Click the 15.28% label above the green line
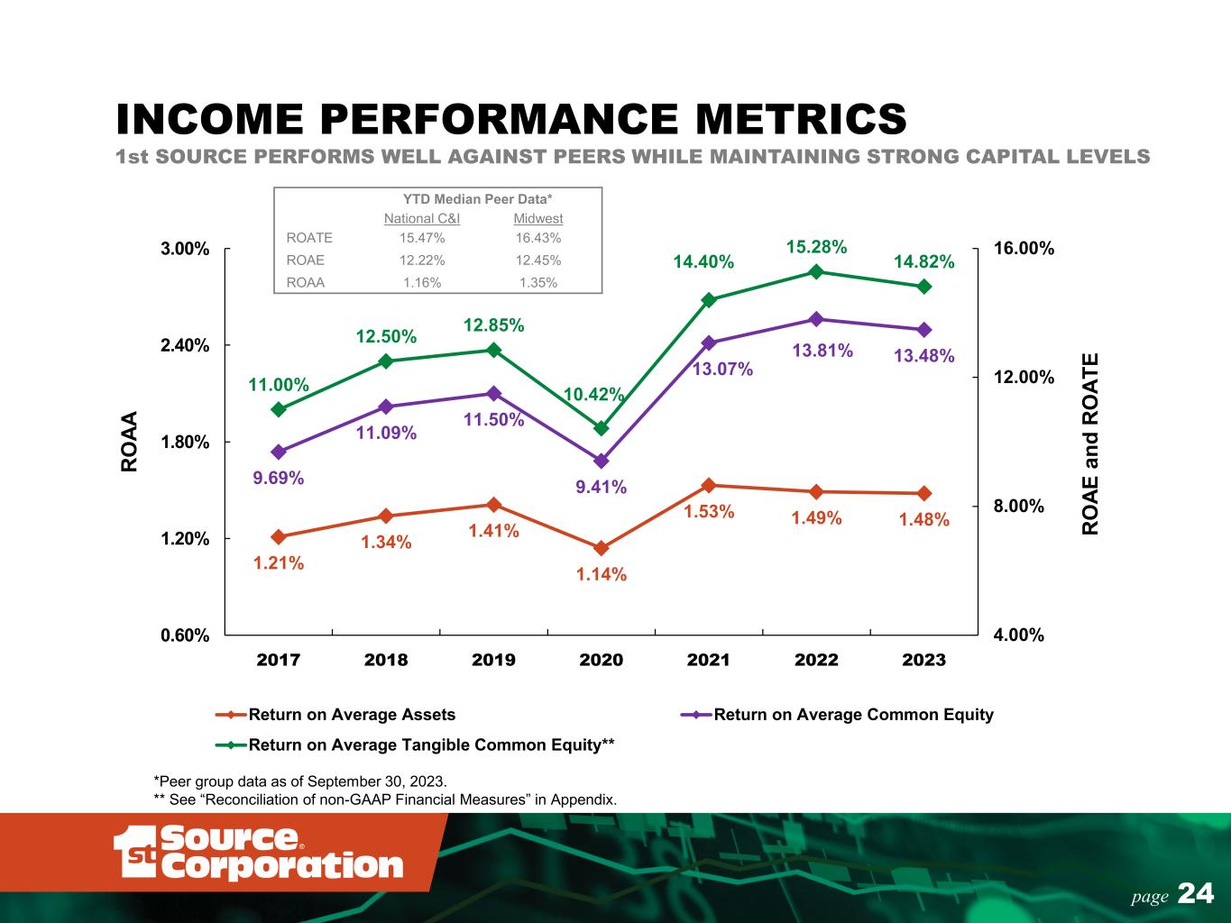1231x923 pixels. [816, 246]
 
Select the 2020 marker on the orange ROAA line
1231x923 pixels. [602, 548]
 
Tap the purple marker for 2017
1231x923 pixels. [279, 452]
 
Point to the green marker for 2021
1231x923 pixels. [709, 300]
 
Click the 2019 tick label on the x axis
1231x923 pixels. [493, 660]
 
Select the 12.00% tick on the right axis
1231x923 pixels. [1024, 377]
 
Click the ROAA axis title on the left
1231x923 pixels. [130, 442]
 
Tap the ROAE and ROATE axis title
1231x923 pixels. [1090, 443]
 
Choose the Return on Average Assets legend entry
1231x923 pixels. [351, 715]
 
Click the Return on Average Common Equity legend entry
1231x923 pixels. [852, 715]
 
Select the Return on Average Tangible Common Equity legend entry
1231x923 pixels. [430, 745]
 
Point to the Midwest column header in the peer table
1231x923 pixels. [538, 219]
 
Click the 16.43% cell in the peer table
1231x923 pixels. [538, 239]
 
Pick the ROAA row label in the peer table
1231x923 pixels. [305, 282]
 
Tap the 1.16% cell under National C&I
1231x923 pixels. [421, 282]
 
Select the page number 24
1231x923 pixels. [1196, 893]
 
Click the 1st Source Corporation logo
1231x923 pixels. [258, 852]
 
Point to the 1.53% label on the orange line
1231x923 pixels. [709, 512]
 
